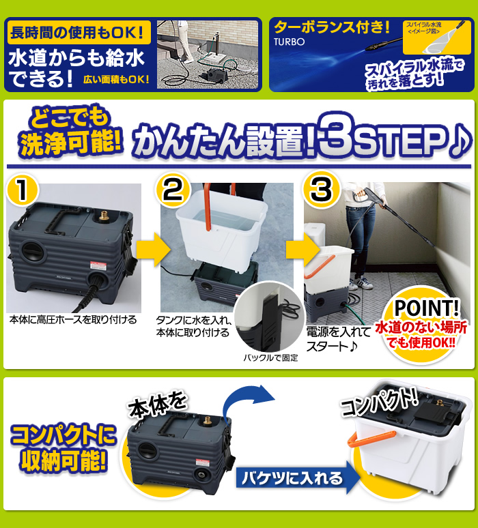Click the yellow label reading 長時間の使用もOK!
[x=78, y=32]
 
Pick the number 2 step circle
[x=173, y=191]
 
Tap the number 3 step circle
[x=320, y=191]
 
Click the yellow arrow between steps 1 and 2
[x=152, y=252]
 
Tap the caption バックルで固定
[x=270, y=357]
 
